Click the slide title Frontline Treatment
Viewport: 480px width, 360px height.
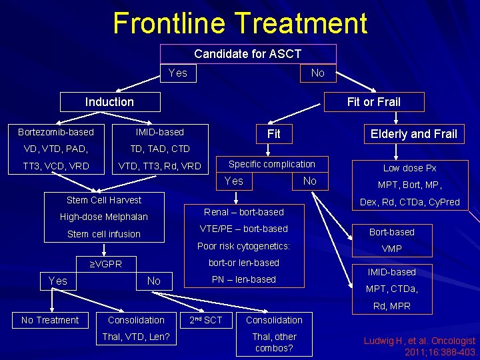coord(240,23)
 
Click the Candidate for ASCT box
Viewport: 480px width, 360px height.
coord(247,54)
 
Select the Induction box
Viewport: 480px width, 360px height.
coord(110,102)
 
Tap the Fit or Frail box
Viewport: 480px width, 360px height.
coord(373,102)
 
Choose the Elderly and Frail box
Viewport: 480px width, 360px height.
coord(414,134)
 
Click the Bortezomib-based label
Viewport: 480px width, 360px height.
coord(56,132)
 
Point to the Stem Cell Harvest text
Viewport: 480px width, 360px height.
coord(104,200)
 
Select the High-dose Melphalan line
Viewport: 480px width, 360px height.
coord(104,217)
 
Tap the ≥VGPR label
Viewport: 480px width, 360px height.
coord(106,264)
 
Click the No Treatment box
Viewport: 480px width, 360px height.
coord(50,320)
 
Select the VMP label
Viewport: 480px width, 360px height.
coord(391,249)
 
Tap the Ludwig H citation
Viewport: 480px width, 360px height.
coord(419,346)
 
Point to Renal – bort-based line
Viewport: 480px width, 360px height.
coord(243,212)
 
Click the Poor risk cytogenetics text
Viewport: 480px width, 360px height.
coord(243,246)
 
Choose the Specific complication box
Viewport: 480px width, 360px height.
coord(272,164)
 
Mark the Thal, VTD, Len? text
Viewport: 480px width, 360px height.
coord(135,337)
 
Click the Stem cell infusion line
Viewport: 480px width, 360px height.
coord(104,234)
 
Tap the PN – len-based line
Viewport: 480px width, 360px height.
coord(243,279)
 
